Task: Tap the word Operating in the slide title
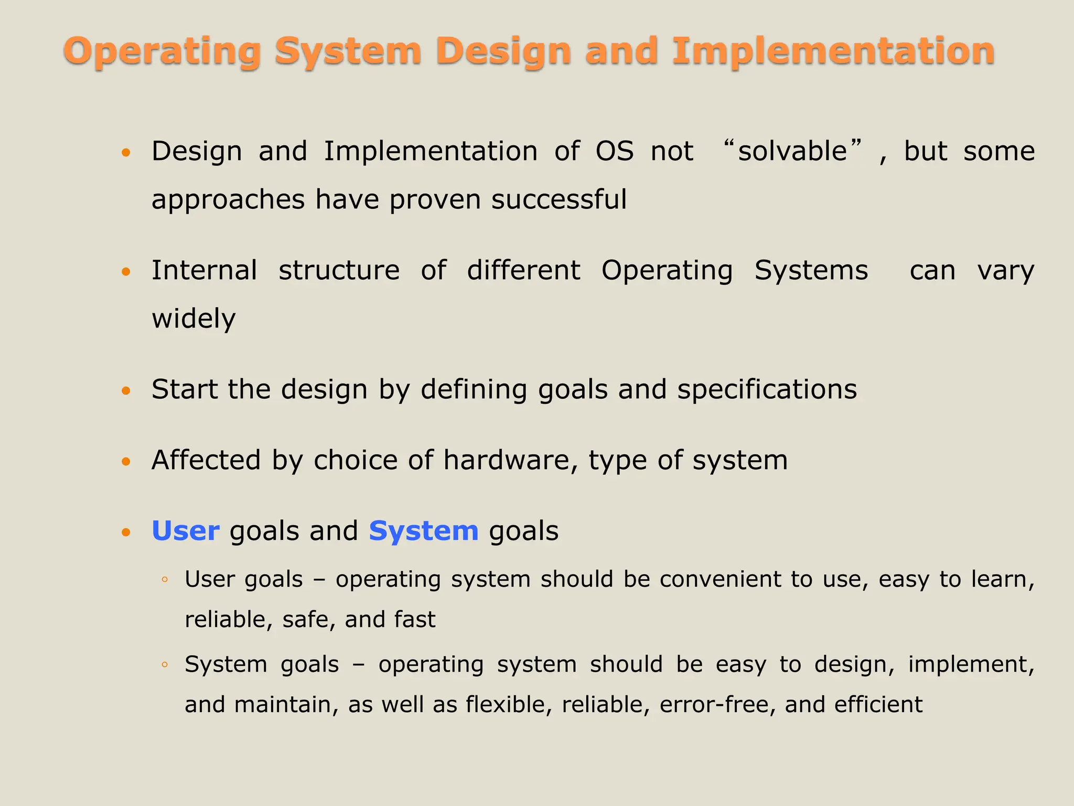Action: [163, 51]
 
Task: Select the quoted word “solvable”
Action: [792, 151]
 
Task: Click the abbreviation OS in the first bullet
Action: [614, 151]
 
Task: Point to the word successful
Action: [559, 199]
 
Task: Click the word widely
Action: [194, 319]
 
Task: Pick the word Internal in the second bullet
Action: [204, 270]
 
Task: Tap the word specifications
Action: [767, 389]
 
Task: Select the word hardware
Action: [507, 460]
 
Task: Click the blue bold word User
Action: [185, 531]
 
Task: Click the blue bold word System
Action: [423, 531]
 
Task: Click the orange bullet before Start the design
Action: [125, 390]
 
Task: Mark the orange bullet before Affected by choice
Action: [125, 461]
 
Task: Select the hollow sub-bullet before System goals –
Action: [165, 665]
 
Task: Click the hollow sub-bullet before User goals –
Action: [165, 580]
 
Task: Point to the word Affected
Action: [206, 460]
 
